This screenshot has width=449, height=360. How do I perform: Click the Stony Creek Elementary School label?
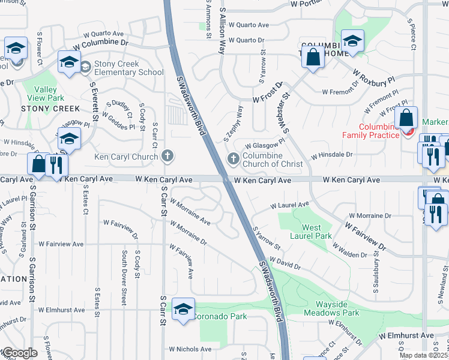coord(126,68)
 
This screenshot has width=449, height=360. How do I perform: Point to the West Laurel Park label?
coord(316,232)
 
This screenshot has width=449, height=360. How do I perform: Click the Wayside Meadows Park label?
coord(331,308)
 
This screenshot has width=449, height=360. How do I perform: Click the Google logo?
coord(19,353)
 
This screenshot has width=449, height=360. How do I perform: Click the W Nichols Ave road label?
coord(190,349)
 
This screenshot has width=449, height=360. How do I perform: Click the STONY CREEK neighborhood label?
coord(50,109)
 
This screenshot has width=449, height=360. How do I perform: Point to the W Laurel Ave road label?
coord(289,205)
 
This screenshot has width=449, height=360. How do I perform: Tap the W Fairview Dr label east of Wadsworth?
coord(364,235)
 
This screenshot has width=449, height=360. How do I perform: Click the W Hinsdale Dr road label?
coord(331,155)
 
